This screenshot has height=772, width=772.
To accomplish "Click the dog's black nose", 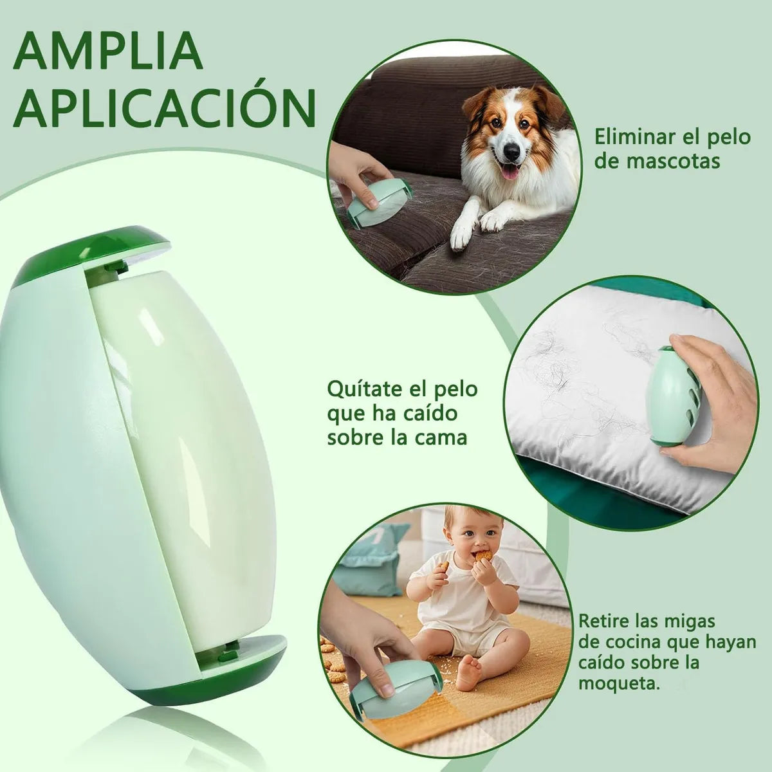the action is click(x=511, y=151).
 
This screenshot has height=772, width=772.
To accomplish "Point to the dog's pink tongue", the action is click(x=509, y=172).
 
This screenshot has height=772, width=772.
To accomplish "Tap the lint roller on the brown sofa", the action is click(x=378, y=205).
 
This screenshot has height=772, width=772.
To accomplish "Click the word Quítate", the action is click(x=363, y=389).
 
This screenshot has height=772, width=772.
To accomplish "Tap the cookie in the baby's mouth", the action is click(x=485, y=556).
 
